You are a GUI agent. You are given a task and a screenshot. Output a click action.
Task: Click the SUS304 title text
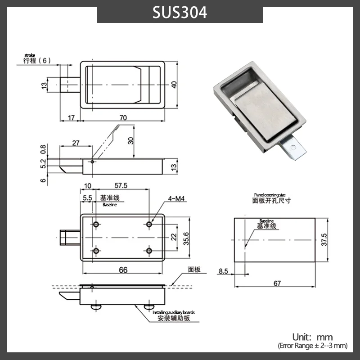[180, 13]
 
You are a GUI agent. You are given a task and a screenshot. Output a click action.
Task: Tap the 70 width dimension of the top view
[123, 118]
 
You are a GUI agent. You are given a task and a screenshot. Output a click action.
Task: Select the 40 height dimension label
[174, 85]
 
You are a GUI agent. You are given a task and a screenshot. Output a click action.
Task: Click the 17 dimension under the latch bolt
[72, 118]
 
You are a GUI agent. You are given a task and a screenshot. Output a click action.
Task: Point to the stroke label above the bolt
[30, 55]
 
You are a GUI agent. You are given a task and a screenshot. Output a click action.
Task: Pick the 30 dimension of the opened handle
[130, 140]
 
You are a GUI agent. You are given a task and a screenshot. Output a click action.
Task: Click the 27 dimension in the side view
[76, 143]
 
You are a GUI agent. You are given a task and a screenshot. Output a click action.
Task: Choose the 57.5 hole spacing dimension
[121, 185]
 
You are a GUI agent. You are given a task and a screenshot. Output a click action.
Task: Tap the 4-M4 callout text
[176, 198]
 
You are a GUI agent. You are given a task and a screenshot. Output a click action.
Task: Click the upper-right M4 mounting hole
[149, 224]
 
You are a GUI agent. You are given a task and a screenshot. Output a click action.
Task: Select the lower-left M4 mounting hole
[96, 251]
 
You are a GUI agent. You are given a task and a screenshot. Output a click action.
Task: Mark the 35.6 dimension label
[186, 238]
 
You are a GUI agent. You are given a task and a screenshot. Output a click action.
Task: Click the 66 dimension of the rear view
[123, 270]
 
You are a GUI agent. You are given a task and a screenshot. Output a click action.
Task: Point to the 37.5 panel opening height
[324, 240]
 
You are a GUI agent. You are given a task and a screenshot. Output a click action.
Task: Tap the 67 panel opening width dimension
[277, 283]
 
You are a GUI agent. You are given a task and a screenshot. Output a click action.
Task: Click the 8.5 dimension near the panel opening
[223, 271]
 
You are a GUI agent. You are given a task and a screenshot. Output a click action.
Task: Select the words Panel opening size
[270, 195]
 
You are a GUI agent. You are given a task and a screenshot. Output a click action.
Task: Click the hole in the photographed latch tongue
[293, 147]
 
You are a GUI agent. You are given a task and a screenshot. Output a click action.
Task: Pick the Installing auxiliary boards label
[174, 312]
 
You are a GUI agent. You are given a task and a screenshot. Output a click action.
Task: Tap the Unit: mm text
[312, 337]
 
